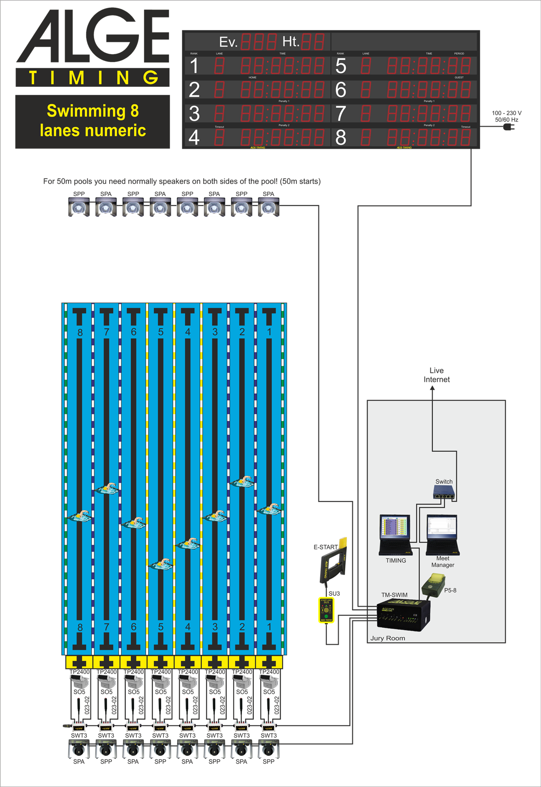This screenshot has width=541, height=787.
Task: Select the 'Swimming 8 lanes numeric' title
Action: pyautogui.click(x=93, y=121)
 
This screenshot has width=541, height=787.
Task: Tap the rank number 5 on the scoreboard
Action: pyautogui.click(x=340, y=66)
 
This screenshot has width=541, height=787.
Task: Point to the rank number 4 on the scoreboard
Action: pyautogui.click(x=194, y=138)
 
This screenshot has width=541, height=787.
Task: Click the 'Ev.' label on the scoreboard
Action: pyautogui.click(x=228, y=42)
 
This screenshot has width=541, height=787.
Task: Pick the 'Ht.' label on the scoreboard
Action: pyautogui.click(x=290, y=42)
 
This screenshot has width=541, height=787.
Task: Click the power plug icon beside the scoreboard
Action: pyautogui.click(x=508, y=127)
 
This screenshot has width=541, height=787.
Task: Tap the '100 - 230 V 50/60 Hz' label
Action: pyautogui.click(x=507, y=116)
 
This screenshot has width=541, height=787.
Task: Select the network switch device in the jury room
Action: pyautogui.click(x=444, y=493)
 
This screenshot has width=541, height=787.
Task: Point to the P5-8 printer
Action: pyautogui.click(x=433, y=585)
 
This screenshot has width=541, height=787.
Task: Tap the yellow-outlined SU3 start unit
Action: pyautogui.click(x=326, y=610)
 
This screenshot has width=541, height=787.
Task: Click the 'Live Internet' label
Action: pyautogui.click(x=436, y=375)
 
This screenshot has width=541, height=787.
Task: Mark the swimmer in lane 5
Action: pyautogui.click(x=161, y=564)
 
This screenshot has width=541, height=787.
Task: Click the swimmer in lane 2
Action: pyautogui.click(x=242, y=482)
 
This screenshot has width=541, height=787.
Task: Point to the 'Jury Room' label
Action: pyautogui.click(x=388, y=638)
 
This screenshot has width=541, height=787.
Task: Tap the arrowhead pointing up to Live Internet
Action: pyautogui.click(x=432, y=389)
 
